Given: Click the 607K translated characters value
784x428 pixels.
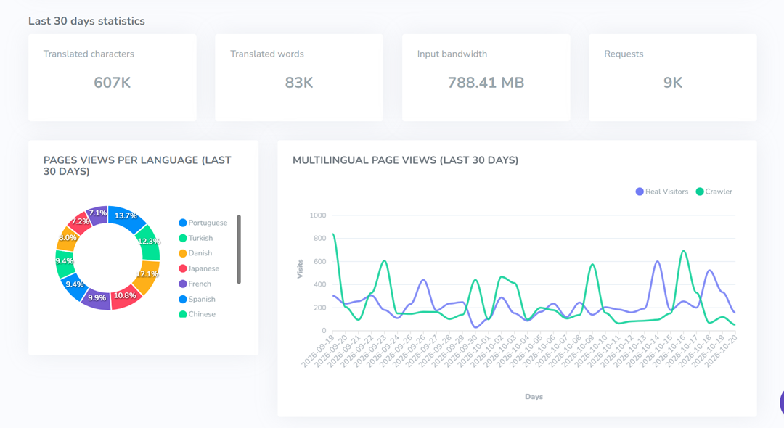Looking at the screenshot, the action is click(112, 83).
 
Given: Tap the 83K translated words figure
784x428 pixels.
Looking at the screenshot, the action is click(299, 83).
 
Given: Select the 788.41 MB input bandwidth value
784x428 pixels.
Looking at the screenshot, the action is click(486, 83).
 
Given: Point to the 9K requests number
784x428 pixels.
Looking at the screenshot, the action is click(672, 83).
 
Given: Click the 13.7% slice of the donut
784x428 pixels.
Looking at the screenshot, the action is click(126, 217).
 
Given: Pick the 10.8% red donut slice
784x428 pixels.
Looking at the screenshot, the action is click(125, 297).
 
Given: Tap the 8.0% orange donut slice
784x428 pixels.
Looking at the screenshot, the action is click(68, 238).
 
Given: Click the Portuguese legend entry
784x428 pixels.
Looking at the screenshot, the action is click(203, 223).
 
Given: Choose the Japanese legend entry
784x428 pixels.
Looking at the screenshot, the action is click(199, 268).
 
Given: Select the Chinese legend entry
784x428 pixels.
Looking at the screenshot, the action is click(197, 314).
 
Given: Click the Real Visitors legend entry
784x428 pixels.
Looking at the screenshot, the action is click(661, 192).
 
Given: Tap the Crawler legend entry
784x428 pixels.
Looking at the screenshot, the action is click(714, 192).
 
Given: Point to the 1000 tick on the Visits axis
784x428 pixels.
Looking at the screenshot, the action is click(317, 215).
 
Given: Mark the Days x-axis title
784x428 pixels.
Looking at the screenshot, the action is click(534, 397).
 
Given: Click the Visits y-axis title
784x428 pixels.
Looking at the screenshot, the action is click(300, 268).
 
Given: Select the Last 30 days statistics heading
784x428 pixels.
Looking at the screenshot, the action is click(86, 21).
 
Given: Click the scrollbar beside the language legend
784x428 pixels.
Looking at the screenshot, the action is click(239, 250).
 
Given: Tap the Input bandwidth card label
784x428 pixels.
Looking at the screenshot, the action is click(452, 54).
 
